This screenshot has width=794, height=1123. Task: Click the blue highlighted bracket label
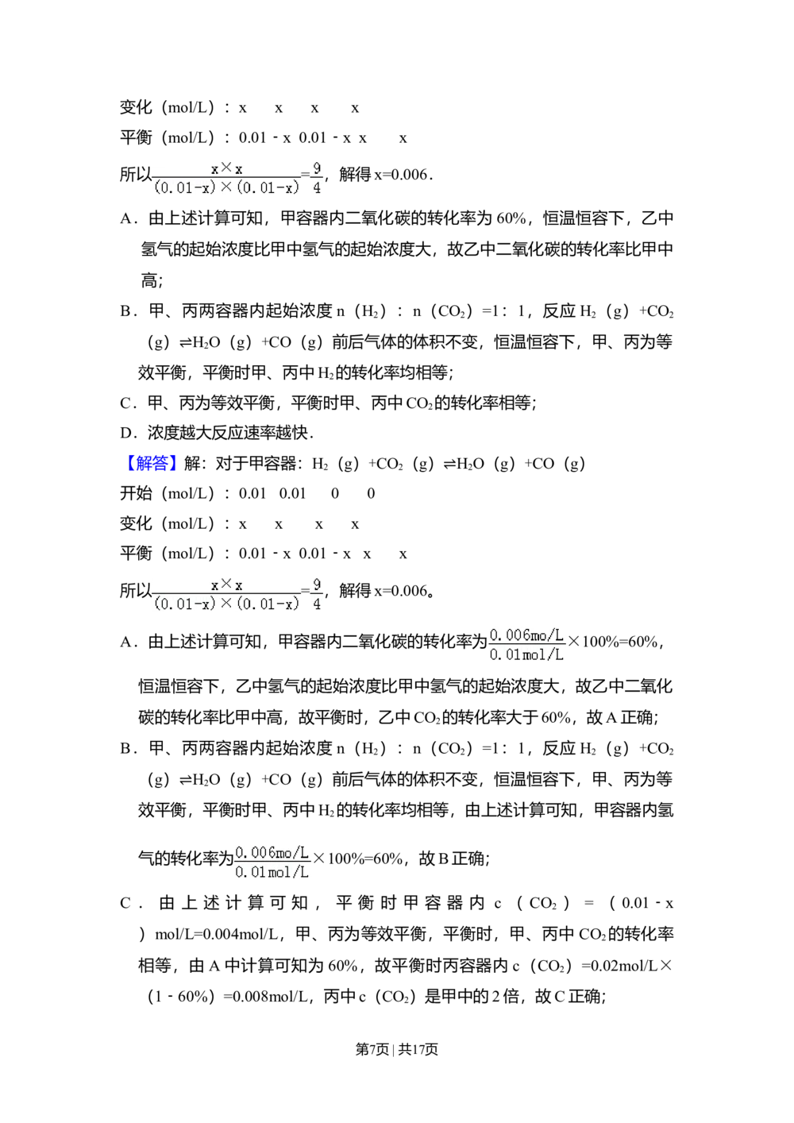click(x=152, y=464)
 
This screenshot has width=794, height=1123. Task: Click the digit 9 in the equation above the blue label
click(x=317, y=168)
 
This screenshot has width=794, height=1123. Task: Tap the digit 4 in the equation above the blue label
click(x=317, y=188)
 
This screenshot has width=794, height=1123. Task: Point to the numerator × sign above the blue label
click(x=226, y=168)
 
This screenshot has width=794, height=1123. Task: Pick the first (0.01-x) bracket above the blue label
click(x=185, y=188)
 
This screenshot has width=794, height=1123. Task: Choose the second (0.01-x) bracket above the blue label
click(x=268, y=188)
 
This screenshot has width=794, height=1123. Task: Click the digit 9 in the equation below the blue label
click(x=317, y=584)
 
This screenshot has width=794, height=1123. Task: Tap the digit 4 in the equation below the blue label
click(x=317, y=604)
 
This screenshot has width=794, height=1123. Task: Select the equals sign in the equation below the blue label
click(x=305, y=590)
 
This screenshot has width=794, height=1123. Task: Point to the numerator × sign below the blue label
click(x=226, y=584)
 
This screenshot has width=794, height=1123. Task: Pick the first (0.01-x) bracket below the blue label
click(x=185, y=604)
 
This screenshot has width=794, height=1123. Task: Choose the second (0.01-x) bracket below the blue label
click(x=268, y=604)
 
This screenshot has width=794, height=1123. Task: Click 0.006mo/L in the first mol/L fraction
click(x=526, y=635)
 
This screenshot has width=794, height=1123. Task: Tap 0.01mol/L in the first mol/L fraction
click(x=526, y=655)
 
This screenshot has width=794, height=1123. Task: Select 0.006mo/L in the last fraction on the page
click(x=272, y=853)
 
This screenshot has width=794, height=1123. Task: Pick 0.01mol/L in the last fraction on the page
click(x=272, y=873)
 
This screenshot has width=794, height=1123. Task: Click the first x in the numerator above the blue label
click(x=214, y=169)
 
